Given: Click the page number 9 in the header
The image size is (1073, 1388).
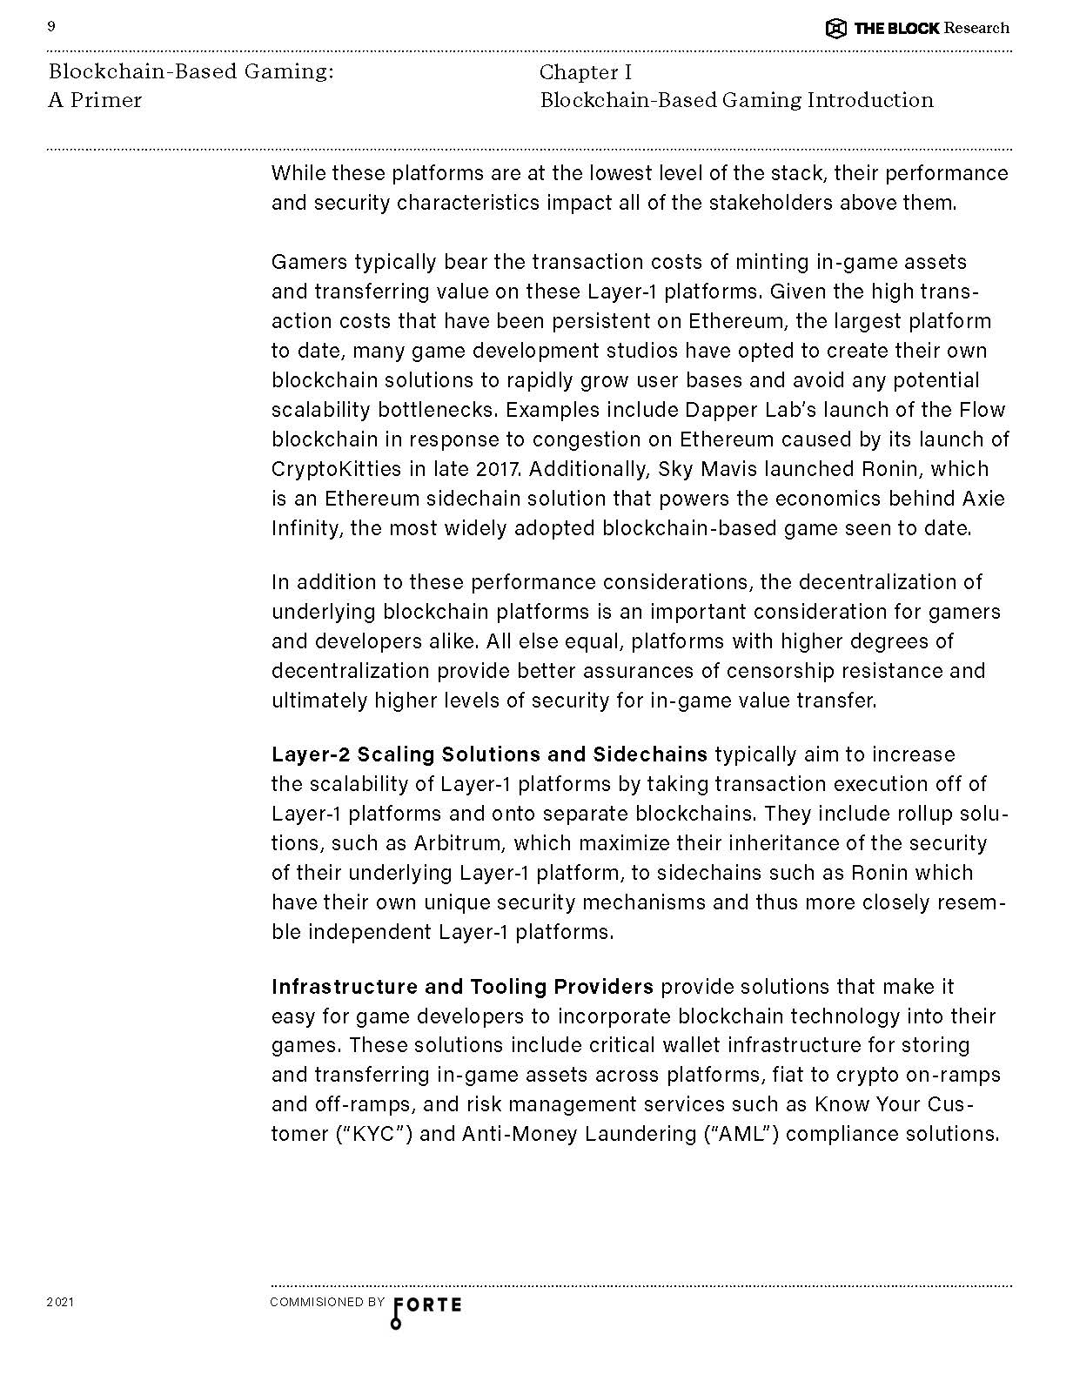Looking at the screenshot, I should pyautogui.click(x=51, y=27).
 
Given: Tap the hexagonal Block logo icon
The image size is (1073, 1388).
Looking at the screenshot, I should pyautogui.click(x=835, y=29).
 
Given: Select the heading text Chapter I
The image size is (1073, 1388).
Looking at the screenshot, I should pyautogui.click(x=586, y=72).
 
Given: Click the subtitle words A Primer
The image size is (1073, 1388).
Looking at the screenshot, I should pyautogui.click(x=95, y=101).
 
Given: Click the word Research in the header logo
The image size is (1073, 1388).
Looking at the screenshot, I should pyautogui.click(x=976, y=28).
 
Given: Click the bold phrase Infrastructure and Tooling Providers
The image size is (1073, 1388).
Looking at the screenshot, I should pyautogui.click(x=462, y=987).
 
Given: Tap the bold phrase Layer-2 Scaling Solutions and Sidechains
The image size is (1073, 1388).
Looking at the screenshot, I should pyautogui.click(x=489, y=754).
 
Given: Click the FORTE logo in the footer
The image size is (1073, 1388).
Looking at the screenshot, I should pyautogui.click(x=426, y=1307).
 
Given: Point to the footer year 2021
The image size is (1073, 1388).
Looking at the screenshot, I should pyautogui.click(x=60, y=1303).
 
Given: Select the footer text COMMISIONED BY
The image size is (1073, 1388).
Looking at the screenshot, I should pyautogui.click(x=327, y=1303).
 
